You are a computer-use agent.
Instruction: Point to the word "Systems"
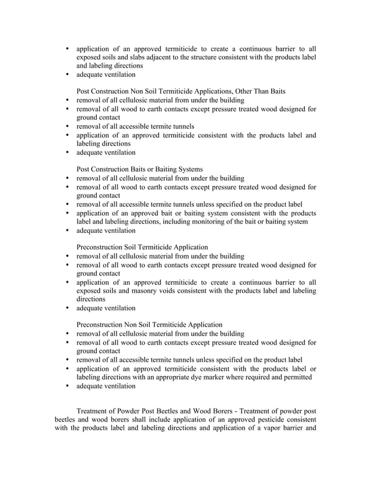click(189, 169)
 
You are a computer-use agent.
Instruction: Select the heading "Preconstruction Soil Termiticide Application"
click(142, 247)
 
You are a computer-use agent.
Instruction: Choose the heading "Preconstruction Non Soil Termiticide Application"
click(149, 324)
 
